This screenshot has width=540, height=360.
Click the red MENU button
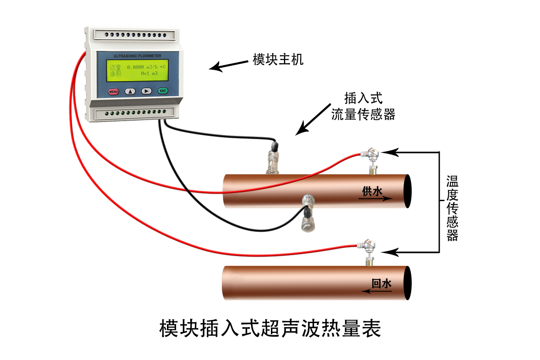(x=113, y=92)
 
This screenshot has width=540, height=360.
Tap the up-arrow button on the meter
(x=130, y=91)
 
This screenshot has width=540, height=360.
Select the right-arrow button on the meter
(x=146, y=91)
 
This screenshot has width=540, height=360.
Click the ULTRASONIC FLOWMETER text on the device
(x=137, y=56)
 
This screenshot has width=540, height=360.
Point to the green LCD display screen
(x=137, y=70)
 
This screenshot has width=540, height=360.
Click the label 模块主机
(x=278, y=59)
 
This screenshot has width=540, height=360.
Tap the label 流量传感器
(x=363, y=114)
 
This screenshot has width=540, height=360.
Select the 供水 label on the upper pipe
(x=372, y=191)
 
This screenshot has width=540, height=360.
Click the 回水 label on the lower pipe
(x=382, y=283)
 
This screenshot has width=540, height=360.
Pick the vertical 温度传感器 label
(x=452, y=208)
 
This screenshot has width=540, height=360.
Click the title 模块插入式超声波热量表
(x=270, y=328)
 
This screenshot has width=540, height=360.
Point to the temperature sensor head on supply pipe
(x=370, y=154)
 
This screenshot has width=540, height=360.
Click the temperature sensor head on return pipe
(x=366, y=246)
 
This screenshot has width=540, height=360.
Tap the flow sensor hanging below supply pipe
(x=308, y=213)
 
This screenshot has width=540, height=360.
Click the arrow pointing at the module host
(x=228, y=66)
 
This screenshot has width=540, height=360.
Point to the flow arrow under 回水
(x=377, y=291)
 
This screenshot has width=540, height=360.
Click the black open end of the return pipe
(x=408, y=283)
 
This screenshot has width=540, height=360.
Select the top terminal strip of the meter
(x=135, y=35)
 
